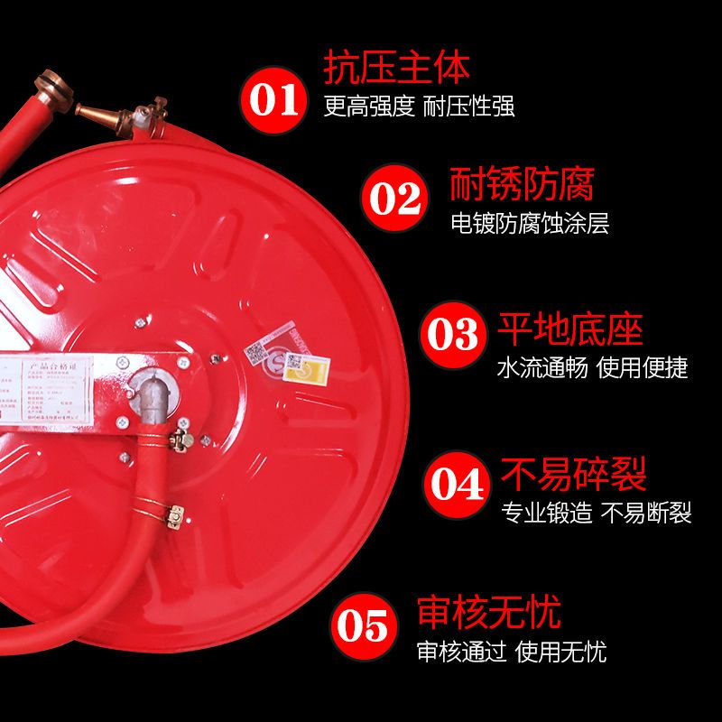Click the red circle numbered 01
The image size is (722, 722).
[x=278, y=97]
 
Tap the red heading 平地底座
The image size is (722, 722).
[x=570, y=329]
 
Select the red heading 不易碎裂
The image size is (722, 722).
[x=574, y=474]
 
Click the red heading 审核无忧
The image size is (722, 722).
[x=488, y=613]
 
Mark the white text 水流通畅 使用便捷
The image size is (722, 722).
[x=592, y=368]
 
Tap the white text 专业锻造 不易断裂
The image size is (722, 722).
[x=597, y=513]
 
